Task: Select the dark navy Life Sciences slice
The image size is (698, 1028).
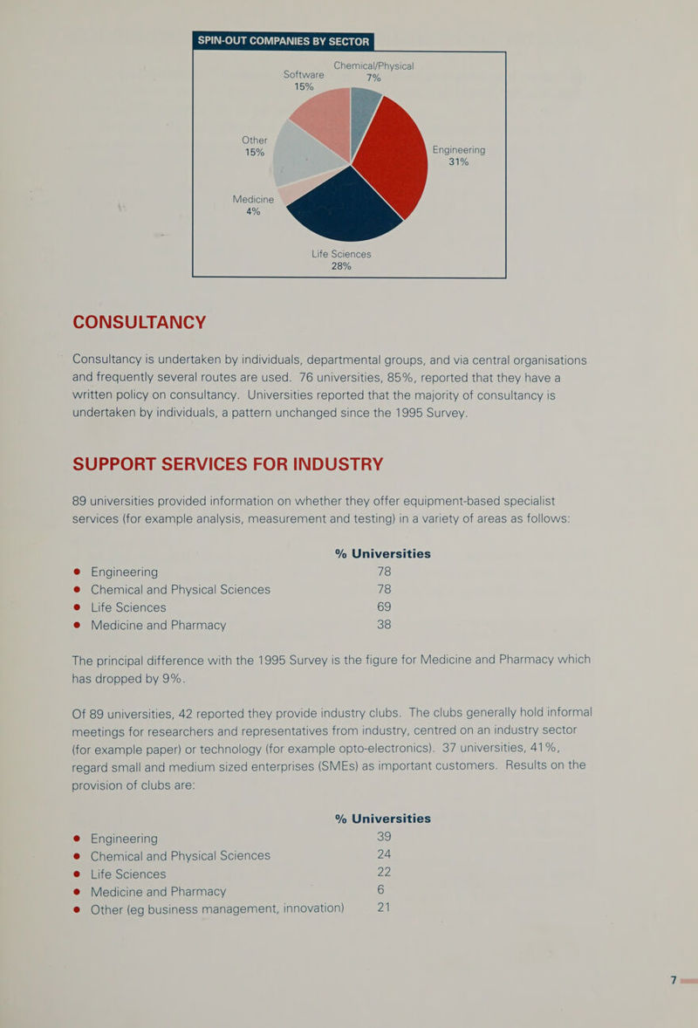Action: (x=344, y=209)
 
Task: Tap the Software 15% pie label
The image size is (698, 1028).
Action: (x=304, y=80)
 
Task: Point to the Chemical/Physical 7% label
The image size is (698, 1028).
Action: (x=373, y=72)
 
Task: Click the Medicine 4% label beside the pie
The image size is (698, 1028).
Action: (x=253, y=204)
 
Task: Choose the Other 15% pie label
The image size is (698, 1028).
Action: (x=254, y=146)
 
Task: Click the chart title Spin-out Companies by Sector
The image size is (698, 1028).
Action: (x=284, y=41)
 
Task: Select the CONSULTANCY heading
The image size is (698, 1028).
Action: (x=139, y=323)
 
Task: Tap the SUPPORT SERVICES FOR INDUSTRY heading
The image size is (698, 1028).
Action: (x=228, y=464)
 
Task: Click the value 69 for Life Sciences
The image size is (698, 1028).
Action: (x=384, y=607)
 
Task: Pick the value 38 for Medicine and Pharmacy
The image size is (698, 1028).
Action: (x=384, y=625)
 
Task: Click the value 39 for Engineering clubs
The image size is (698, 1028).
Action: (x=384, y=837)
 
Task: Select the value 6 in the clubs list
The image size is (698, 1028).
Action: (x=380, y=889)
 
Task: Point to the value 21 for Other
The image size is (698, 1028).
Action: (x=384, y=908)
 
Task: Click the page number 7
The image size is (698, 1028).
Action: (x=673, y=980)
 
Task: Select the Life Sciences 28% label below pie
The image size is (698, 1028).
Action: (x=341, y=260)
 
